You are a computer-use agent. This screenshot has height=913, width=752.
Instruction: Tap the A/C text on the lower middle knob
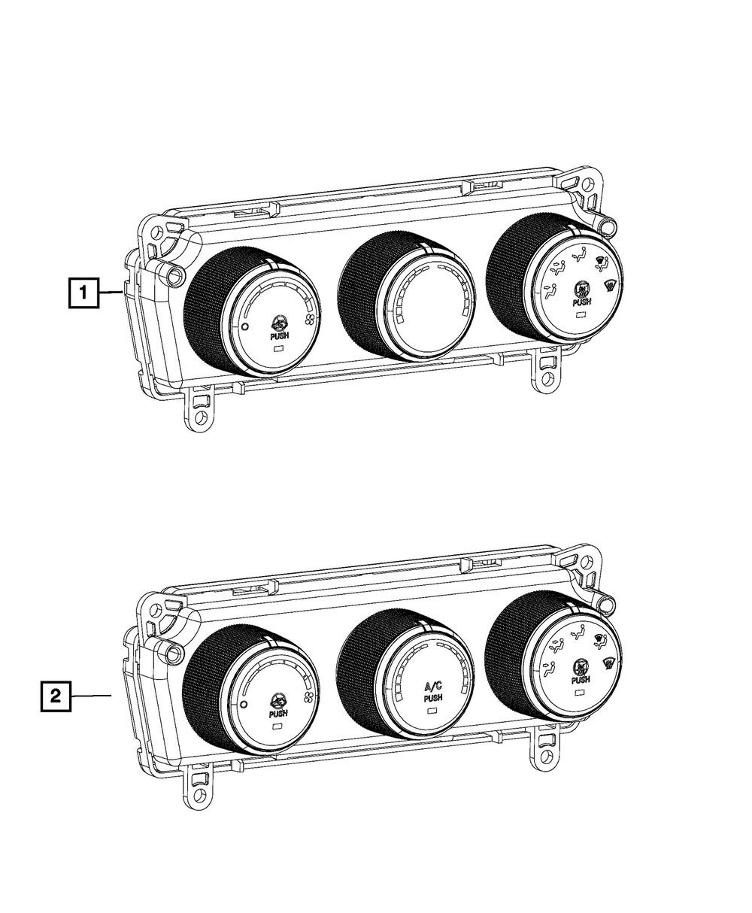pyautogui.click(x=434, y=686)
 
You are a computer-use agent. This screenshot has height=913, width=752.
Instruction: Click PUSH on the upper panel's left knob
pyautogui.click(x=278, y=337)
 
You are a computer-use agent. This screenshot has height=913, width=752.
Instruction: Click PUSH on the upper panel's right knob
pyautogui.click(x=581, y=302)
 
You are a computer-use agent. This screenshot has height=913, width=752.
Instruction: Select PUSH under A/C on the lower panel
pyautogui.click(x=433, y=698)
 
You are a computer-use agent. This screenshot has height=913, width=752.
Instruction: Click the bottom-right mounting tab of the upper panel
pyautogui.click(x=547, y=374)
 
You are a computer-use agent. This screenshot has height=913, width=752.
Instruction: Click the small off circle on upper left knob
pyautogui.click(x=245, y=326)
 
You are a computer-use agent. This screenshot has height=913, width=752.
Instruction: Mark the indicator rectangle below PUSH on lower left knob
pyautogui.click(x=277, y=726)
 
